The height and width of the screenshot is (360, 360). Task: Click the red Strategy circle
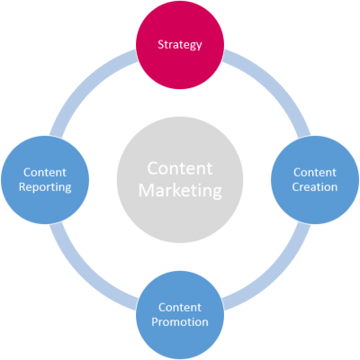click(x=180, y=45)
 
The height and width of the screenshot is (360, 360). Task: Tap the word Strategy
click(x=180, y=45)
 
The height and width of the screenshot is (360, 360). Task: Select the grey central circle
click(x=180, y=180)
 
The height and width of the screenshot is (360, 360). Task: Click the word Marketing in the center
click(x=180, y=191)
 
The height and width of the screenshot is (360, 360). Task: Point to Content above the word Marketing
click(x=180, y=168)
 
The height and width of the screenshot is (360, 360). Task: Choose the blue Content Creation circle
click(x=315, y=180)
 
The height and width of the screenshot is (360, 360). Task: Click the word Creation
click(x=315, y=187)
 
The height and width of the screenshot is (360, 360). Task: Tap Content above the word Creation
click(x=315, y=173)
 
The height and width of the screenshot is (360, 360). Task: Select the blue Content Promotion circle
click(x=180, y=315)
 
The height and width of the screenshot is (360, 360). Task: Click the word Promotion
click(x=180, y=322)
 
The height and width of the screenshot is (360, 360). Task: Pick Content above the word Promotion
click(x=180, y=308)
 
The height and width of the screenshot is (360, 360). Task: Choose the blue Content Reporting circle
click(x=45, y=180)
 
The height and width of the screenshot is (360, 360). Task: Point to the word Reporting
click(x=45, y=187)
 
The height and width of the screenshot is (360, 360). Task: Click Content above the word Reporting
click(x=45, y=173)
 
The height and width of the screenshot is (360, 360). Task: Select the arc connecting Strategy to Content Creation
click(x=273, y=87)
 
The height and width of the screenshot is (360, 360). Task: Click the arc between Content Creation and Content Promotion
click(x=273, y=273)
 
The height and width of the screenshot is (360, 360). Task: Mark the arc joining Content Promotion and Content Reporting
click(x=87, y=273)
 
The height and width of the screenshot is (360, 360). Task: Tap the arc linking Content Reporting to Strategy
click(x=87, y=87)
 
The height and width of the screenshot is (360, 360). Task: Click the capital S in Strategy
click(x=161, y=44)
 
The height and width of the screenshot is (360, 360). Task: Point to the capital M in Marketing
click(x=146, y=190)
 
